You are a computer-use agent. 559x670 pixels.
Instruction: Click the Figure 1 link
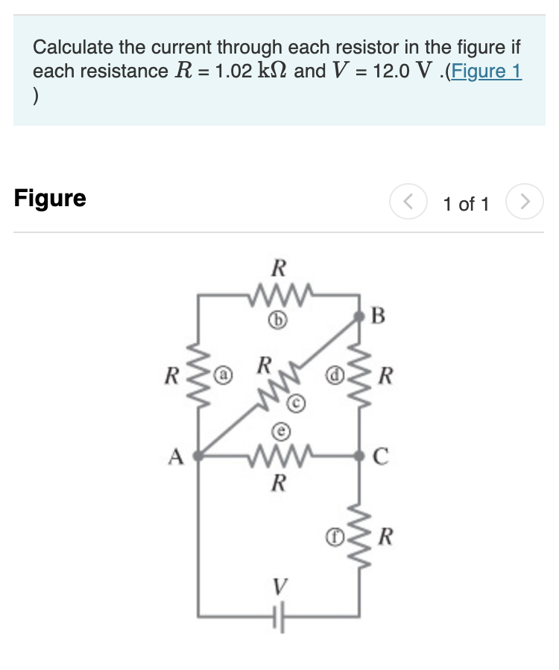coord(485,71)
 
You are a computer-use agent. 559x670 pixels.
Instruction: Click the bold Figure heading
coord(50,199)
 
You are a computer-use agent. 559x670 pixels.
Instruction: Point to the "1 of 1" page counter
coord(465,203)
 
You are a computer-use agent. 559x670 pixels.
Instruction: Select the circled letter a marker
coord(223,370)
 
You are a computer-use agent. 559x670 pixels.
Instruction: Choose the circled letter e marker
coord(278,430)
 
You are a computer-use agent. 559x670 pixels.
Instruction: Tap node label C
coord(378,456)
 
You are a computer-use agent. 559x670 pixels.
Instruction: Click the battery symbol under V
coord(279,616)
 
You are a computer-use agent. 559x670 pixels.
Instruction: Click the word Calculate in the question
coord(72,48)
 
